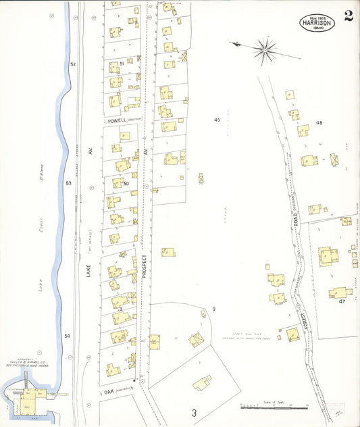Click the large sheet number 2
[x=348, y=16]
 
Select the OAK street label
[x=109, y=391]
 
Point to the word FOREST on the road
[x=306, y=318]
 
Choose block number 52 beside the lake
[x=73, y=64]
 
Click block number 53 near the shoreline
[x=68, y=183]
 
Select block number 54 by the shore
[x=68, y=336]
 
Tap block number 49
[x=217, y=120]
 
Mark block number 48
[x=319, y=123]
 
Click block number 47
[x=342, y=301]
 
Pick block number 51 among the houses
[x=122, y=64]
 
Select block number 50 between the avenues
[x=126, y=183]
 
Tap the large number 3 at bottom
[x=193, y=412]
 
